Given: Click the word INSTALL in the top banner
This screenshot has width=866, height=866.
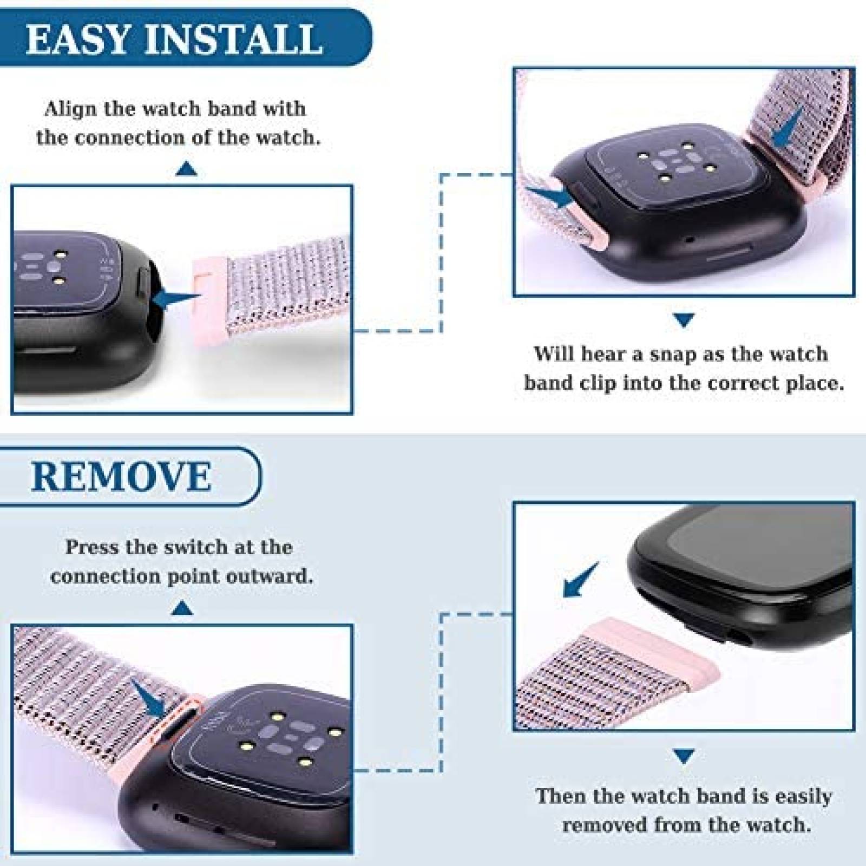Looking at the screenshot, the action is tap(233, 39).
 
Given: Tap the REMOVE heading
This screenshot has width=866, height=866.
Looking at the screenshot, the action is tap(121, 476).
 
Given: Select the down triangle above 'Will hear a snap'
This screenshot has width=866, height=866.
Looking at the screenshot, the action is tap(684, 320).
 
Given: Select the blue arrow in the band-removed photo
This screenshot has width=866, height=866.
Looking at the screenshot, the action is tap(581, 580).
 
